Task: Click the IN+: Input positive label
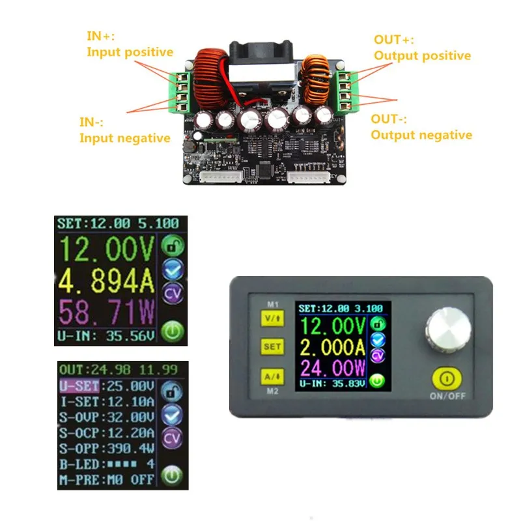(130, 44)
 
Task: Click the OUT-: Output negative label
(421, 127)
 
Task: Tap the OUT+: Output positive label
(421, 48)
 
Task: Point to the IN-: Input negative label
(124, 130)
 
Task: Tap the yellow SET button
(272, 346)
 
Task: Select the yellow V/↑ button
(272, 318)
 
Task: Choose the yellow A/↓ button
(272, 376)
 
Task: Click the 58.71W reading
(107, 313)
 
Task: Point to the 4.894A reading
(107, 281)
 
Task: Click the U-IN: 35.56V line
(107, 337)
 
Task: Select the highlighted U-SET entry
(76, 386)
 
